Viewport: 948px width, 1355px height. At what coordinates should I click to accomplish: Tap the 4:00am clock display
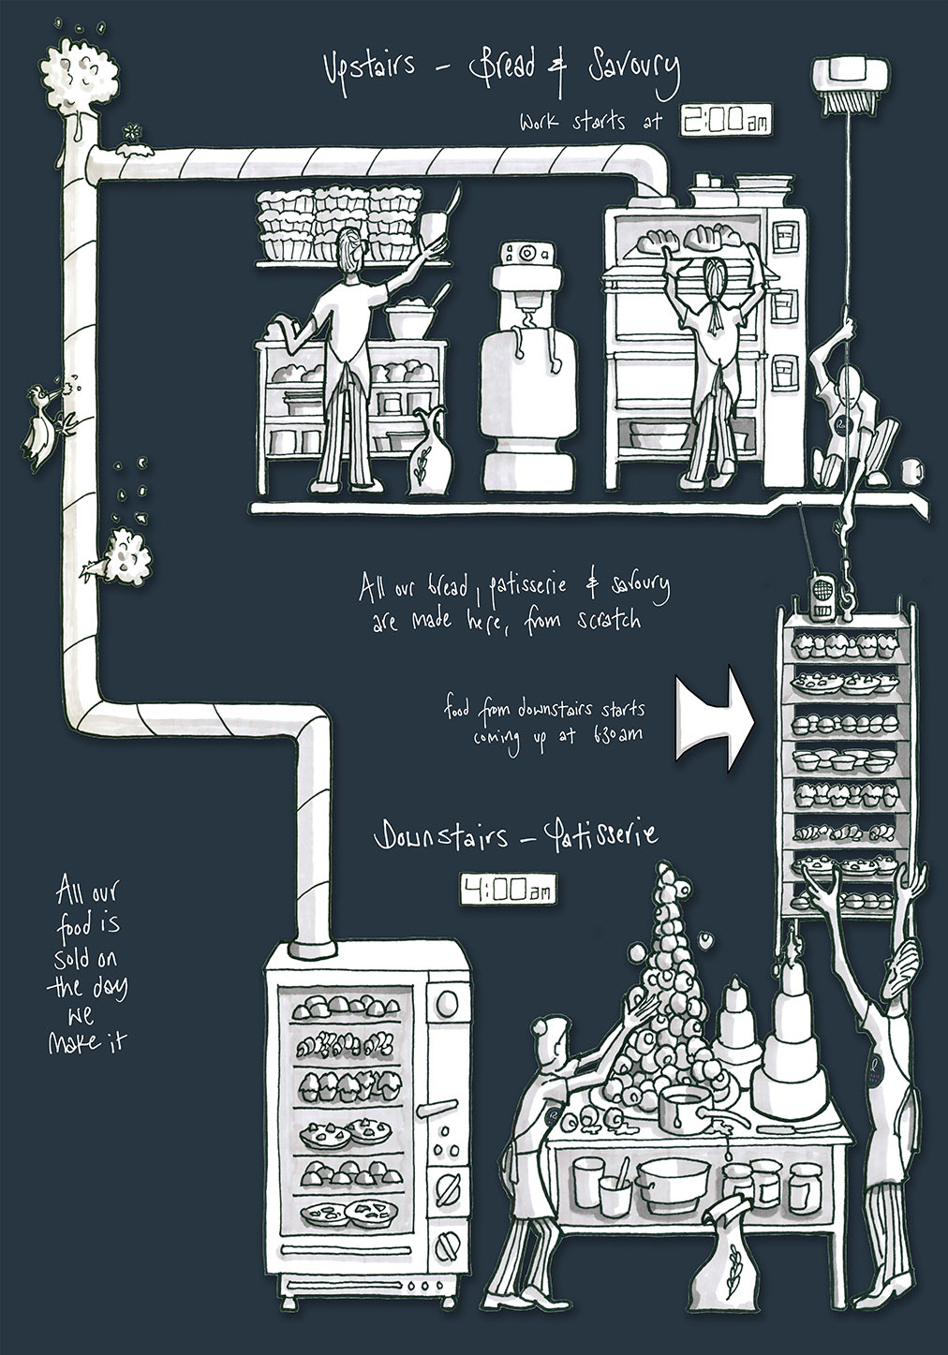tap(507, 890)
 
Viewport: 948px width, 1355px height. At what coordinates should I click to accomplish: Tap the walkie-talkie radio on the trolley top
tap(822, 598)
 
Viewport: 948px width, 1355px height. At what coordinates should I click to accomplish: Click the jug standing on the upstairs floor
tap(430, 453)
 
